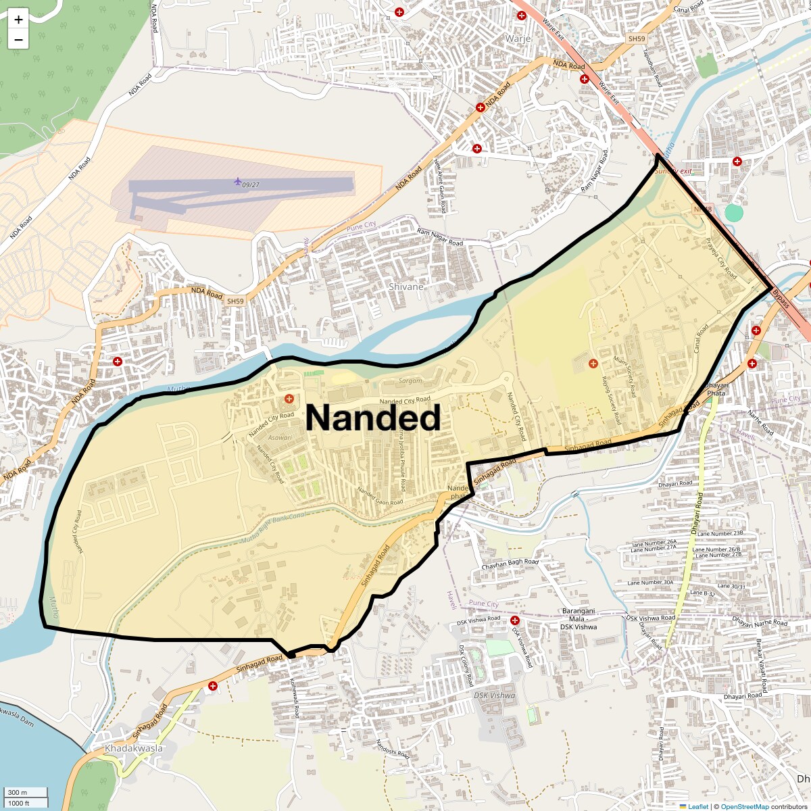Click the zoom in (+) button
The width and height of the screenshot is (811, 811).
point(18,20)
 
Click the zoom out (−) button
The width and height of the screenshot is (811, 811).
point(18,39)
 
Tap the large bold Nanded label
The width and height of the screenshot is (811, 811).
point(373,418)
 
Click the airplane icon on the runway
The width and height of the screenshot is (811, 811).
point(237,181)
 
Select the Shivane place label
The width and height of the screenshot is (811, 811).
point(406,287)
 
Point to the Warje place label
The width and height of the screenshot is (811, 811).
point(518,39)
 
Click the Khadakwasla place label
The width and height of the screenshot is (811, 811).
point(134,748)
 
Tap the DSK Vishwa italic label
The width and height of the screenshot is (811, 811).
point(494,695)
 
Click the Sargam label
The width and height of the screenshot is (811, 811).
point(410,380)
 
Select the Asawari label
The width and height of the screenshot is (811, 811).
point(280,437)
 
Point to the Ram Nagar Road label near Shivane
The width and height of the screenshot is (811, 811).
point(440,237)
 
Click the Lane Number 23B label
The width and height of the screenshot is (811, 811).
point(720,533)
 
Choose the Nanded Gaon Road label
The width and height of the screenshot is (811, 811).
point(380,497)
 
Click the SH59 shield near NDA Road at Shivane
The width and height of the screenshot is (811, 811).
point(235,301)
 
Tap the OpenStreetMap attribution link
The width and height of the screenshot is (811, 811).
point(744,806)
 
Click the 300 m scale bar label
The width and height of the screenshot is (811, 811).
point(18,793)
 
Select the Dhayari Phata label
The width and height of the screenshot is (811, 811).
point(716,389)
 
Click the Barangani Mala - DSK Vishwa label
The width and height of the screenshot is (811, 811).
point(578,618)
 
